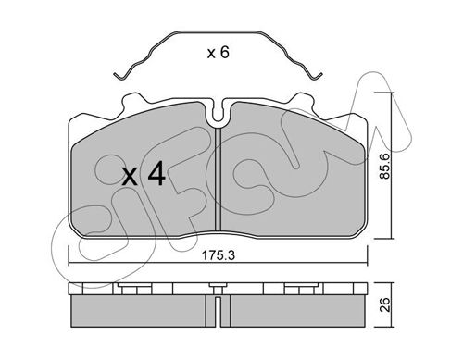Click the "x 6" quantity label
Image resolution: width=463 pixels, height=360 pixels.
219,53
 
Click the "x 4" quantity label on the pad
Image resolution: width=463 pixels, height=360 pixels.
144,175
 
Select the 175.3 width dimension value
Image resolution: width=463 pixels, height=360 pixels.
219,255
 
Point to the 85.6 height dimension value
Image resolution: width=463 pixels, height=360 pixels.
385,166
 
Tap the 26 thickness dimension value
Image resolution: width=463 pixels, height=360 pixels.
385,304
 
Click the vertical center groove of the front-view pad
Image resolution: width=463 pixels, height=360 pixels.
219,180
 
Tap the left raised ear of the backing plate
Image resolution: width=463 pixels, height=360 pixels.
133,102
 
